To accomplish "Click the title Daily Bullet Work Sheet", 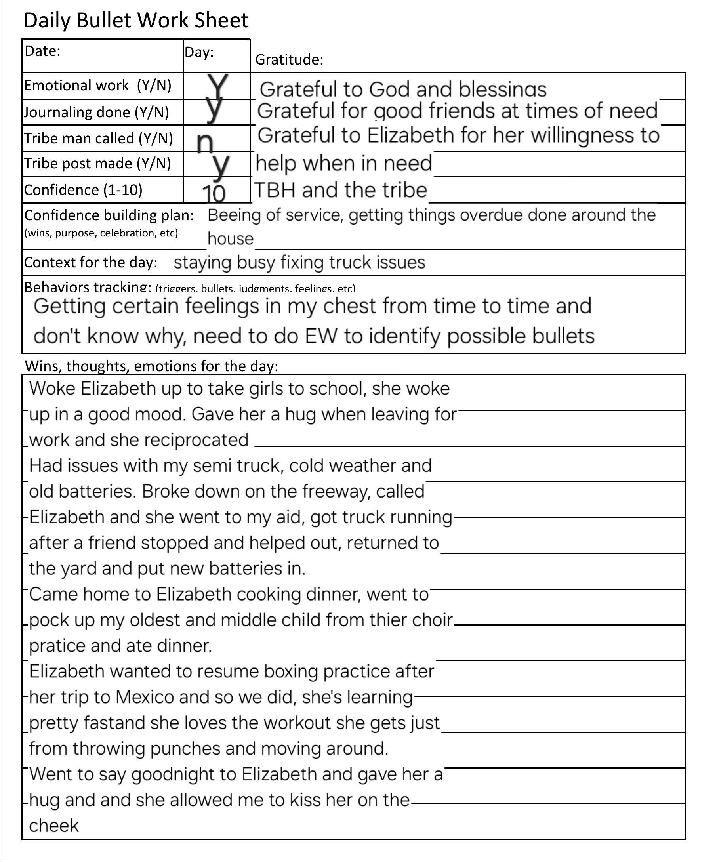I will [136, 21].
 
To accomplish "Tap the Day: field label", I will [199, 52].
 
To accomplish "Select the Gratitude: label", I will [289, 60].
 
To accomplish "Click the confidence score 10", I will [214, 194].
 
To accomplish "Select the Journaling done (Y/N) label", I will [96, 112].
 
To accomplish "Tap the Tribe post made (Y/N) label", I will [97, 163].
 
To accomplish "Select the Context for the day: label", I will [91, 262].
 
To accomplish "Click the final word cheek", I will [54, 825].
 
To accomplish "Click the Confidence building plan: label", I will [109, 215].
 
